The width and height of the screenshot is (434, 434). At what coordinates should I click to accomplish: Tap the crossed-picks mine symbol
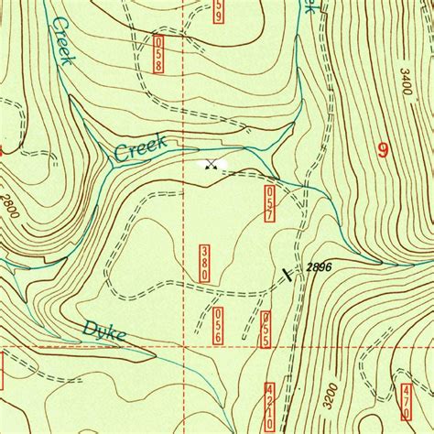click(212, 165)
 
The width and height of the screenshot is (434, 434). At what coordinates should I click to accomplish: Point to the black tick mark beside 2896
click(288, 274)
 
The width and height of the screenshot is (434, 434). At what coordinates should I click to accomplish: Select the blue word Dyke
click(104, 331)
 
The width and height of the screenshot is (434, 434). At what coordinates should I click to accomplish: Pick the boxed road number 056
click(218, 326)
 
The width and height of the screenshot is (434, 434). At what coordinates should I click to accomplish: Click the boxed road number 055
click(266, 327)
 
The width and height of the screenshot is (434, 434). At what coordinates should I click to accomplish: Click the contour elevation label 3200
click(331, 395)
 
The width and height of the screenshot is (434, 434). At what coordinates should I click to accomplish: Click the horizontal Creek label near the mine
click(140, 148)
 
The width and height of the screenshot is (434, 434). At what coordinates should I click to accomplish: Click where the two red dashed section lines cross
click(183, 348)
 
